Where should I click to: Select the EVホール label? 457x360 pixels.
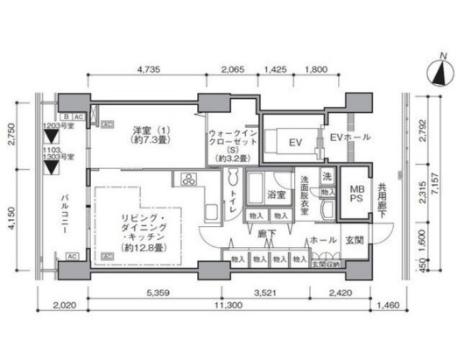(349, 138)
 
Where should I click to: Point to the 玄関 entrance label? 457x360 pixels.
(354, 240)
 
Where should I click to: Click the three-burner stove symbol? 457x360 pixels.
(189, 180)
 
